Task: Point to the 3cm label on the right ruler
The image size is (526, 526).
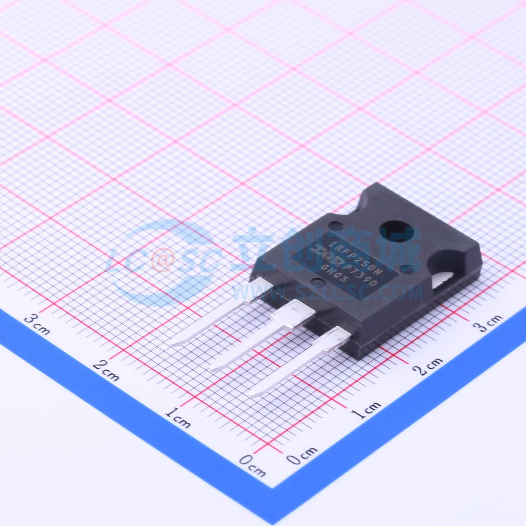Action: tap(487, 323)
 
